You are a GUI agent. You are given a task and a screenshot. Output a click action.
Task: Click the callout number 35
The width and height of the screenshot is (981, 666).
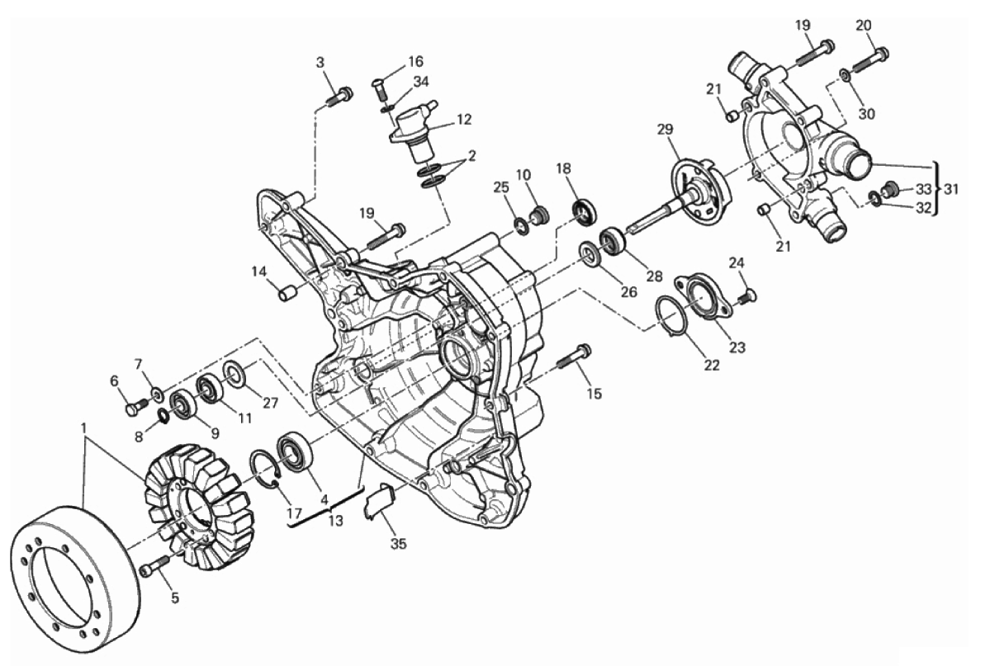pos(399,544)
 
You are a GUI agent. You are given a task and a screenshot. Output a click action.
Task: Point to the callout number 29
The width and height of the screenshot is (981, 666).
pos(665,130)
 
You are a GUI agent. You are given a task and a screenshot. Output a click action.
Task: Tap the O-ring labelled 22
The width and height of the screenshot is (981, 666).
pos(672,317)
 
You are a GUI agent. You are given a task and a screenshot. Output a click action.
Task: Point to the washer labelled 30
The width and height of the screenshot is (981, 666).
pos(845,75)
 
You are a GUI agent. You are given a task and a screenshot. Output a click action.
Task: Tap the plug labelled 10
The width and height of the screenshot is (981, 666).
pos(538,216)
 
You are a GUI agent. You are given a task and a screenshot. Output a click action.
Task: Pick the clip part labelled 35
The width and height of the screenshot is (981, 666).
pos(378,500)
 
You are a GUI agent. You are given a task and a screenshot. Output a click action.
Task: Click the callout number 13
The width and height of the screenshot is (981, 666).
pos(336,520)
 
